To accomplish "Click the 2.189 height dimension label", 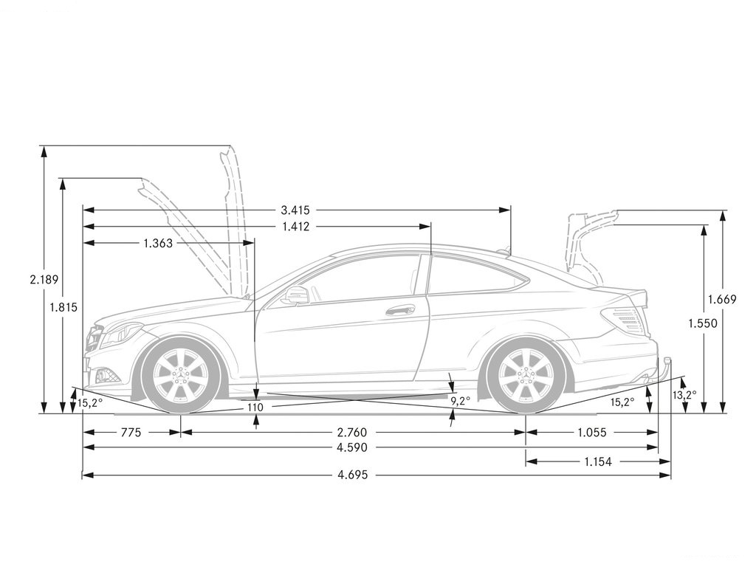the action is tap(44, 280).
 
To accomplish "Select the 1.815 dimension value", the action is tap(63, 307).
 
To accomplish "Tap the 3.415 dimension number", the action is tap(295, 210).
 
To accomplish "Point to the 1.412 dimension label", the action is tap(295, 226).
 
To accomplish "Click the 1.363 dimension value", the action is tap(158, 243).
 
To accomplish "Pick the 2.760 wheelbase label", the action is tap(352, 433).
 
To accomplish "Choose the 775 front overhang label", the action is tap(131, 433).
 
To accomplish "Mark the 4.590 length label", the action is tap(352, 447).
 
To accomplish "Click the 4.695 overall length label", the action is tap(352, 475).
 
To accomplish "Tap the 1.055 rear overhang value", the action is tap(591, 433).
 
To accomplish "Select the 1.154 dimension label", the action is tap(598, 462).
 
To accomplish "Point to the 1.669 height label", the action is tap(722, 300).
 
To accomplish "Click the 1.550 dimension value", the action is tap(703, 323).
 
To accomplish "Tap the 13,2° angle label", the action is tap(684, 395).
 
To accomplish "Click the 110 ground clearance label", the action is tap(255, 408).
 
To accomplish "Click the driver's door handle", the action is tap(400, 310).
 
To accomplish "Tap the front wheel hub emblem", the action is tap(182, 374).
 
